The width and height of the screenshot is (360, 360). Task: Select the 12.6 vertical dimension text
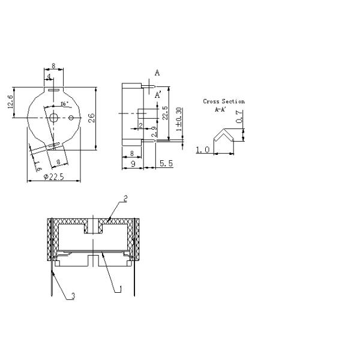(x=10, y=103)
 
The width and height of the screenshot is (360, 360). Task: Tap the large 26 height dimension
(x=92, y=118)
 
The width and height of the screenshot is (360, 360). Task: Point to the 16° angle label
(x=63, y=103)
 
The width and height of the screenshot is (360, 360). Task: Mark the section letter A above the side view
(x=157, y=73)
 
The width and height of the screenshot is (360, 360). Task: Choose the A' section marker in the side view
(x=158, y=95)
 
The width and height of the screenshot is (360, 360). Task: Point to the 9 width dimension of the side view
(x=132, y=164)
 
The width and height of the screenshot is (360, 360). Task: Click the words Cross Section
(x=224, y=101)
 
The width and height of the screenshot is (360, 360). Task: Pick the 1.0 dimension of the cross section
(x=202, y=150)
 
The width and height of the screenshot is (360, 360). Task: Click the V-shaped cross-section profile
(x=225, y=137)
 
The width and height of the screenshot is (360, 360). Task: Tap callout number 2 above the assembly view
(x=125, y=197)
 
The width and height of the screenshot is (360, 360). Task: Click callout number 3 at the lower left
(x=73, y=296)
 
